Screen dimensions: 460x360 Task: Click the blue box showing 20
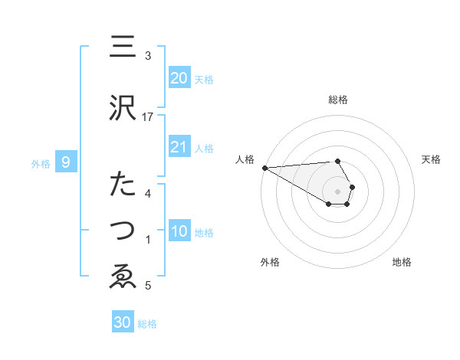(x=179, y=78)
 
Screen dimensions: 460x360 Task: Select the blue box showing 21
(x=179, y=147)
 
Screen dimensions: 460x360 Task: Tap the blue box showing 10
(x=179, y=231)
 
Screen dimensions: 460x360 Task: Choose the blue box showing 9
(x=67, y=162)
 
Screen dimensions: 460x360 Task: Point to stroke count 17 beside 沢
(x=148, y=117)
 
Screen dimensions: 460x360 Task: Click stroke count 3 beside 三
(x=148, y=56)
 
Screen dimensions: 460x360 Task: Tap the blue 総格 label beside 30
(x=147, y=324)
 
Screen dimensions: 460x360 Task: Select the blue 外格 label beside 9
(x=41, y=163)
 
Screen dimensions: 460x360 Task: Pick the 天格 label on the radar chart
(x=431, y=159)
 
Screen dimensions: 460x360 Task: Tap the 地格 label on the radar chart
(x=402, y=262)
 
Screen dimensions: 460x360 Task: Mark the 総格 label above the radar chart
(x=338, y=100)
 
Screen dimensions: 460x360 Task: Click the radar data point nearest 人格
(x=264, y=168)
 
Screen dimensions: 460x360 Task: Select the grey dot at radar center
(x=338, y=191)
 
